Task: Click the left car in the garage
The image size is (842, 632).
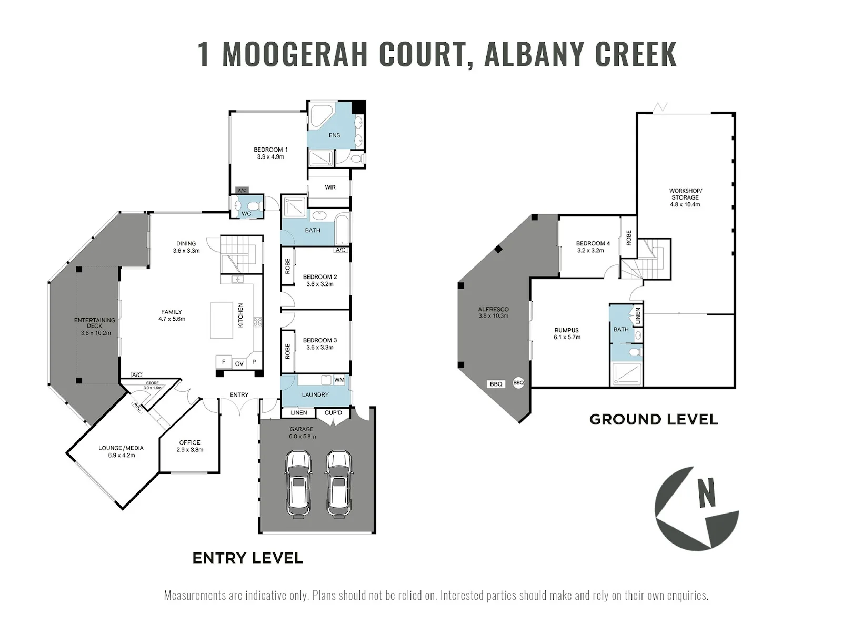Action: coord(298,484)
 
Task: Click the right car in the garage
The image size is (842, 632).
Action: coord(339,484)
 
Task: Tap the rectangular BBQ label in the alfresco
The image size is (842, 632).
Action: coord(496,384)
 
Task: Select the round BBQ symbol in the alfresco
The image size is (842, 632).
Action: coord(518,382)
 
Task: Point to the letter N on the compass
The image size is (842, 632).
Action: coord(707,493)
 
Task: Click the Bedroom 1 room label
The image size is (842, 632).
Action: coord(270,150)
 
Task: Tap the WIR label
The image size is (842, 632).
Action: coord(330,187)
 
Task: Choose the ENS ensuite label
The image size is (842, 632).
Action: coord(334,135)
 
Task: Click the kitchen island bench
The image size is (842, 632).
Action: coord(222,320)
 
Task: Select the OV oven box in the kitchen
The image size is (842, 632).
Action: coord(239,363)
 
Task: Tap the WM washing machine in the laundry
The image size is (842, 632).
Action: coord(339,380)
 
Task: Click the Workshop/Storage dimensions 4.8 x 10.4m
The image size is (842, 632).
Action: coord(685,204)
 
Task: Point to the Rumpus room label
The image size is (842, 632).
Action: coord(567,330)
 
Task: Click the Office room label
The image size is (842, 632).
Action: coord(189,442)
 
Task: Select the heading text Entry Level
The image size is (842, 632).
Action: coord(248,558)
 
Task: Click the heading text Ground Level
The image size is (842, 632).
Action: coord(653,419)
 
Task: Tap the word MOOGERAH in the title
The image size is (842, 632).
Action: coord(295,54)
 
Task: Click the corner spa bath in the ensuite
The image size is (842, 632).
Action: coord(322,115)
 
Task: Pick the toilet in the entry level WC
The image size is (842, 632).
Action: coord(257,206)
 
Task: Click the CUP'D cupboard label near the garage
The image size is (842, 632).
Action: coord(333,412)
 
